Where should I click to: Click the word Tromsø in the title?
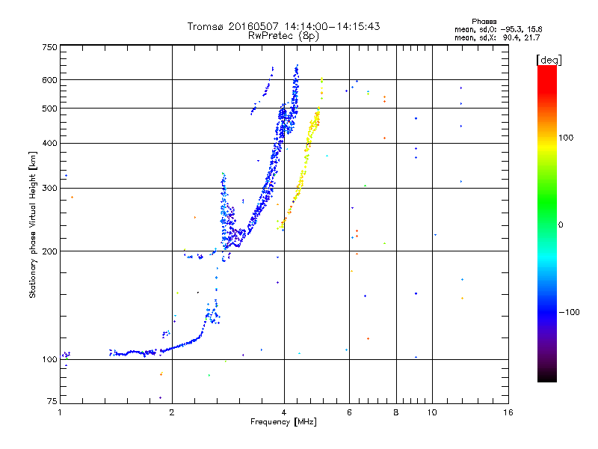point(206,26)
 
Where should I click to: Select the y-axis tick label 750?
point(50,47)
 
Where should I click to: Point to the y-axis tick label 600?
point(50,80)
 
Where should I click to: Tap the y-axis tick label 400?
point(50,144)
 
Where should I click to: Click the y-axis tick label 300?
point(50,189)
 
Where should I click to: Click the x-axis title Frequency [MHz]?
point(283,423)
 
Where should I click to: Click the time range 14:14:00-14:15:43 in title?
point(327,26)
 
